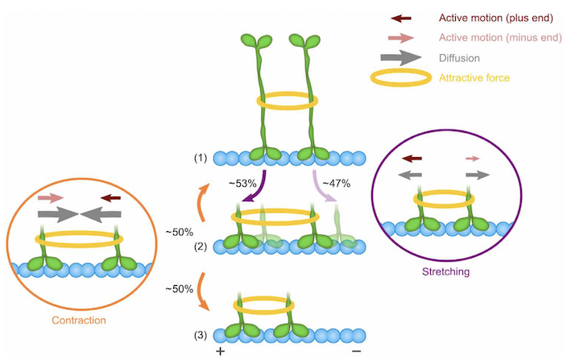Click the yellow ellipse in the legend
tap(399, 78)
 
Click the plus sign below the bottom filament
tap(219, 352)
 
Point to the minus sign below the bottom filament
tap(356, 352)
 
